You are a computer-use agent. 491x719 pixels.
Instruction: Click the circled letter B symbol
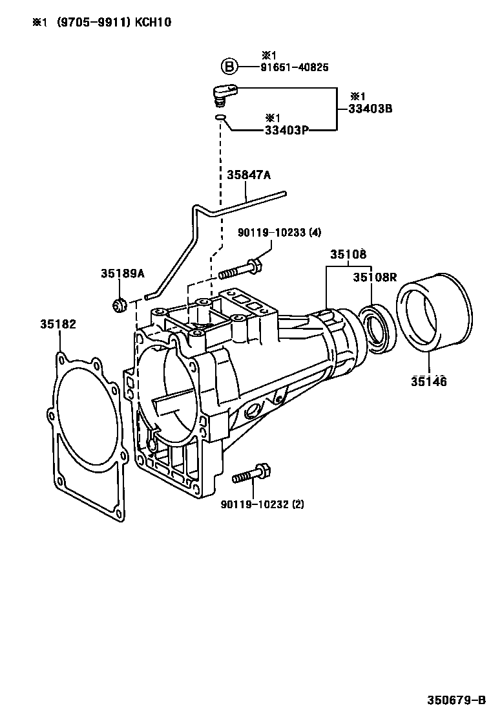(x=229, y=67)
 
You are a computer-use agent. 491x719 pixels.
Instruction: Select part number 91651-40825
(x=295, y=67)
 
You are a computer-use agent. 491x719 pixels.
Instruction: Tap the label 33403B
(x=370, y=109)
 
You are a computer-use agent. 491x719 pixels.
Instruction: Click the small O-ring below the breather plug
(x=220, y=118)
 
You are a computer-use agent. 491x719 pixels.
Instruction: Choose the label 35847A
(x=249, y=175)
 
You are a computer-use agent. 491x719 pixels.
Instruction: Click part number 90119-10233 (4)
(x=279, y=233)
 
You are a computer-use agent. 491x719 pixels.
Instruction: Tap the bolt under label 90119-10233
(x=240, y=270)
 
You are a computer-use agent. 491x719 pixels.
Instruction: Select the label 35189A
(x=123, y=274)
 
